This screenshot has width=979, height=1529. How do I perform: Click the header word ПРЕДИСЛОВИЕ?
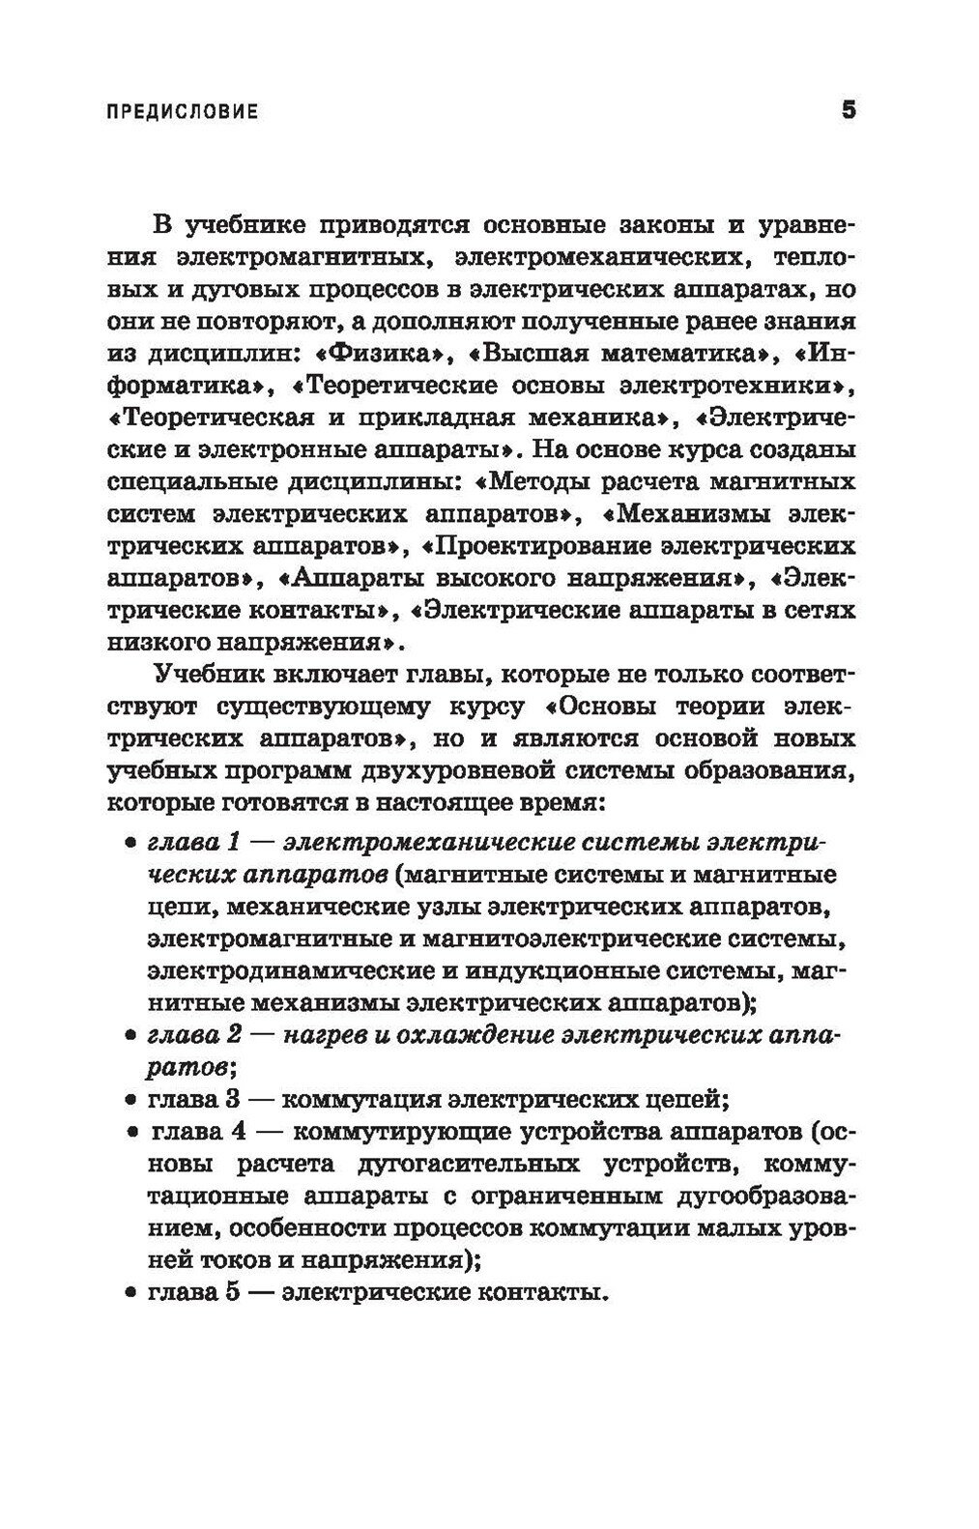pyautogui.click(x=181, y=111)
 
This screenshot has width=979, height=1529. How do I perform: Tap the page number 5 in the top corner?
pyautogui.click(x=849, y=109)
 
